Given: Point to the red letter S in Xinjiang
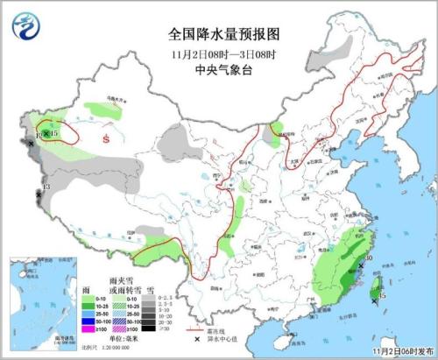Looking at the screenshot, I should pos(106,138).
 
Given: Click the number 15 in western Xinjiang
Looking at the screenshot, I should pos(54,133).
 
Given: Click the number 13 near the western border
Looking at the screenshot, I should pos(46,187).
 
